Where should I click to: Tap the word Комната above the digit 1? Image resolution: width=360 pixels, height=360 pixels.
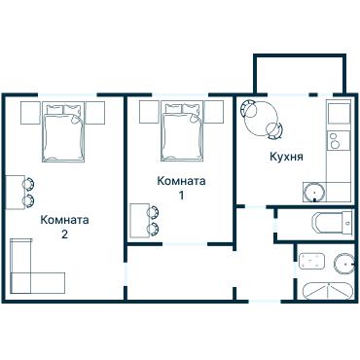tap(181, 180)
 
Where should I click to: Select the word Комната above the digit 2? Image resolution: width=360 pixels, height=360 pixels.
tap(65, 220)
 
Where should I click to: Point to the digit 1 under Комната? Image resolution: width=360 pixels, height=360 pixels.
tap(181, 194)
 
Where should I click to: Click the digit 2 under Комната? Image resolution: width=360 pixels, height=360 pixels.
tap(64, 234)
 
